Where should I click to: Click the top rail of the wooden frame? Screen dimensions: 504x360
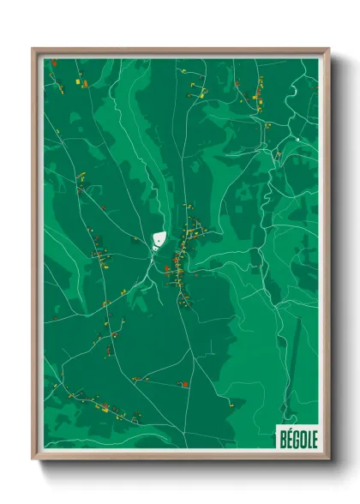coord(180,50)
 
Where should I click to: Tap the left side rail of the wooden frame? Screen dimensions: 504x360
coord(34,257)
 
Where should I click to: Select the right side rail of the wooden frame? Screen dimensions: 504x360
coord(327,257)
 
